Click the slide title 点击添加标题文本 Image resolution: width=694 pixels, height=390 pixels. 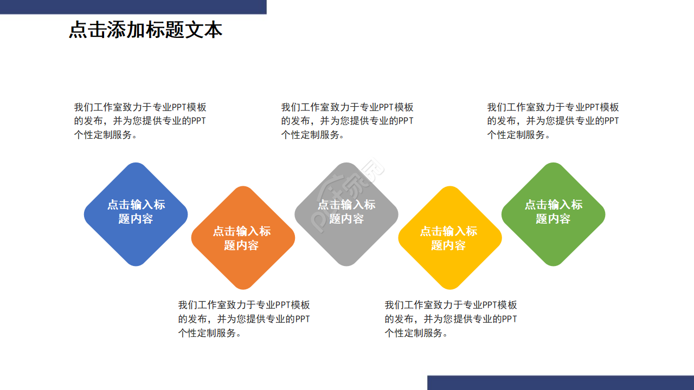145,30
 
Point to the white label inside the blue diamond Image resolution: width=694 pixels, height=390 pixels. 136,212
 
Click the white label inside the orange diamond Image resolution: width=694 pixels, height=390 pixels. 242,238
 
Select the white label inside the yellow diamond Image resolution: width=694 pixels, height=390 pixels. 449,238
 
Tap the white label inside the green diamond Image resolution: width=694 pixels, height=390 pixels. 553,212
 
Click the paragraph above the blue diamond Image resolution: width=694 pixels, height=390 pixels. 140,121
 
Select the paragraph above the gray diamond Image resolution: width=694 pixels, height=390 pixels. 347,121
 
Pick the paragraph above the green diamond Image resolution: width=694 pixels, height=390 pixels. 553,121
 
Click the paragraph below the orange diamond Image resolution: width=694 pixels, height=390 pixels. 244,319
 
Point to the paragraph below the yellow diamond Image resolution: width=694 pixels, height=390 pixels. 451,319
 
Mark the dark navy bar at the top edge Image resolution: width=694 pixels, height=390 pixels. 133,6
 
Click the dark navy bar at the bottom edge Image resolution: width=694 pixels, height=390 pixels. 560,382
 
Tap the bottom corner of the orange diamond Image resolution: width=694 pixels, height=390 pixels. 243,287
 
